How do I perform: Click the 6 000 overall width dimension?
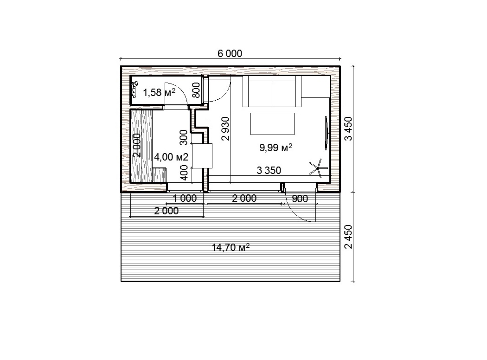click(230, 54)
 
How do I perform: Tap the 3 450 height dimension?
click(349, 129)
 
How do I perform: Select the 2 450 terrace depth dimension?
click(349, 237)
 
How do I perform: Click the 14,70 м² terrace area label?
click(231, 248)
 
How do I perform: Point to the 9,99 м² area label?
click(276, 148)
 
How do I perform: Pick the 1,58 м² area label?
click(159, 92)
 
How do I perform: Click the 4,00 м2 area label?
click(171, 157)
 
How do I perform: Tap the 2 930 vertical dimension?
click(225, 129)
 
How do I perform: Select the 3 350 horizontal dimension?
click(269, 170)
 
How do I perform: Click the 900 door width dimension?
click(300, 199)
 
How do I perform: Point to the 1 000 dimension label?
click(185, 198)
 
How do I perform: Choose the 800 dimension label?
click(196, 90)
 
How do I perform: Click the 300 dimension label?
click(184, 138)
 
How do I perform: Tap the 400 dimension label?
click(184, 173)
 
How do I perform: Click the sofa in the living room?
click(272, 91)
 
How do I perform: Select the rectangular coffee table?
click(272, 123)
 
